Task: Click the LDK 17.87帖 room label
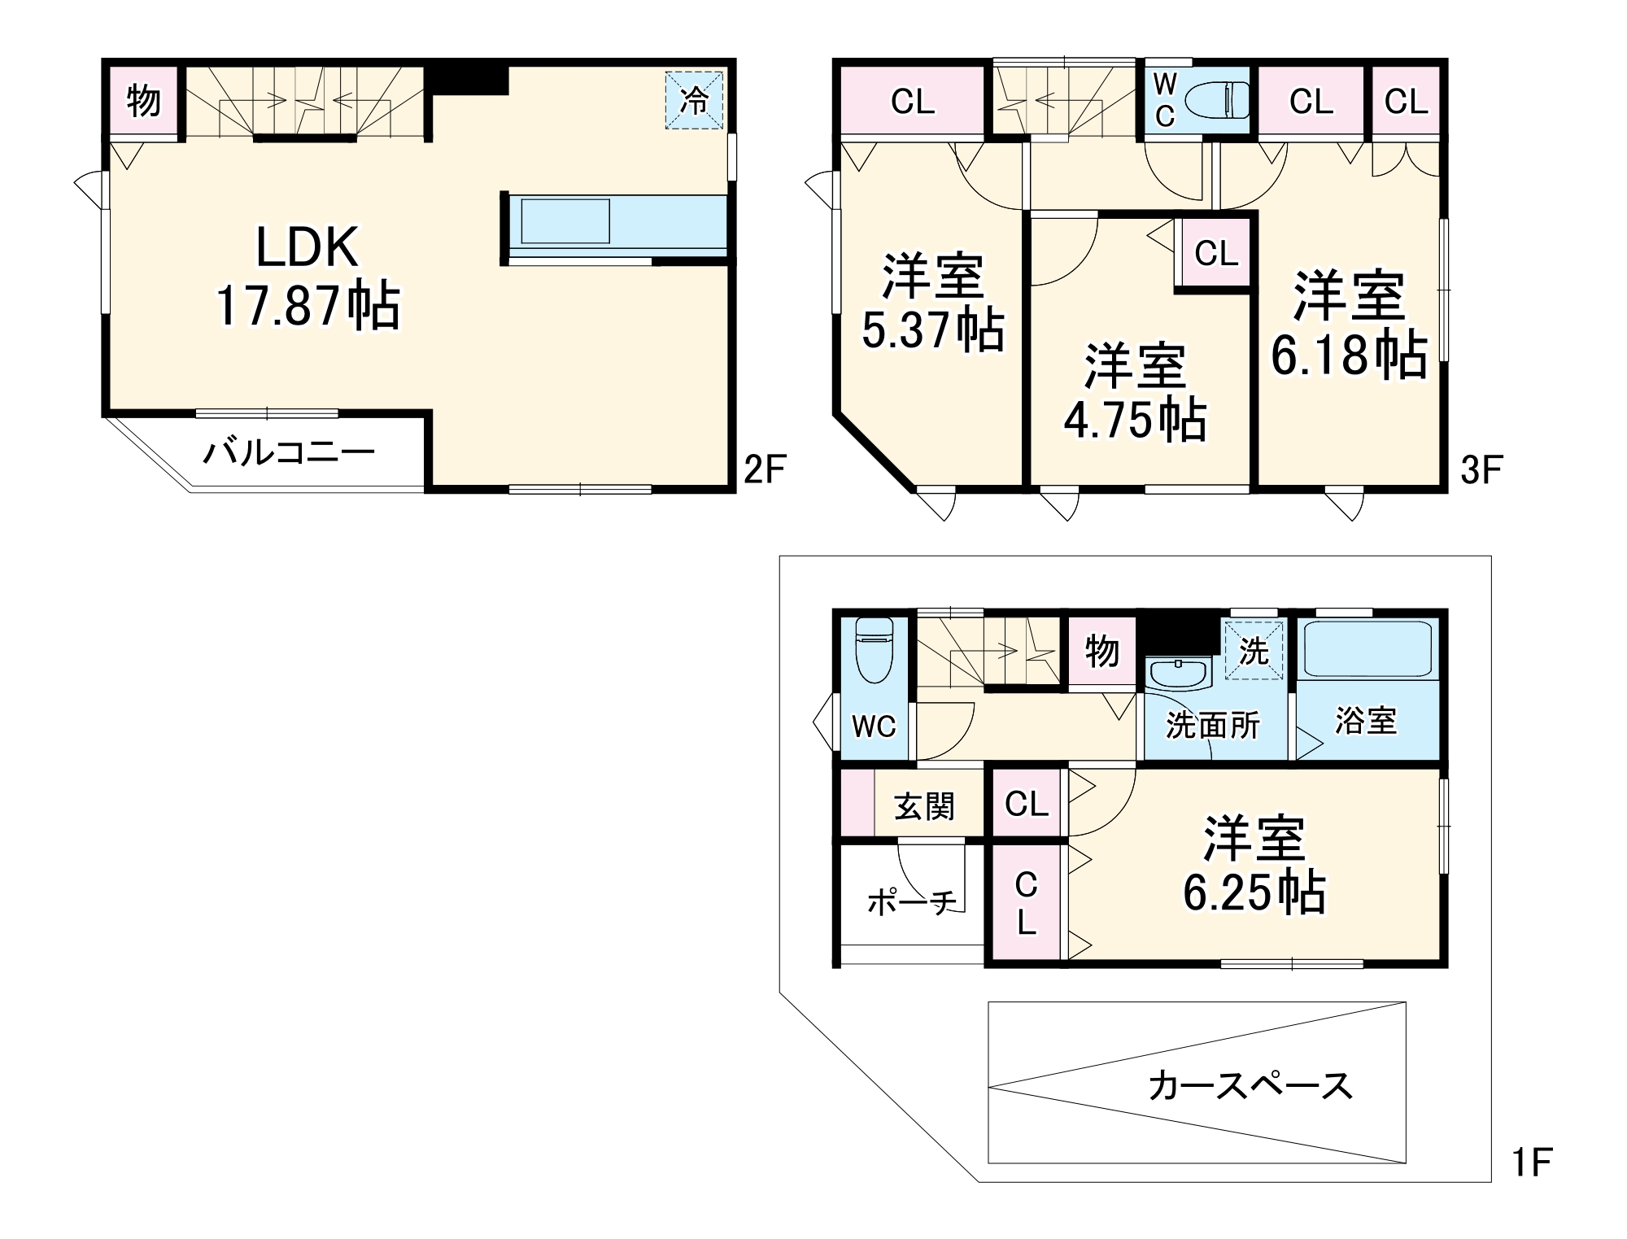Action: pos(308,277)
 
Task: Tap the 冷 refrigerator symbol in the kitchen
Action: pos(694,100)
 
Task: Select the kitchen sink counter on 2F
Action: pos(565,220)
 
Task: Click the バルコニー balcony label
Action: pos(289,452)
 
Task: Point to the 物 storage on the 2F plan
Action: pos(144,101)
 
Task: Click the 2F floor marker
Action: pos(765,469)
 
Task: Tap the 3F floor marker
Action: pos(1481,469)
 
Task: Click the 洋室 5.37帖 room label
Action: pos(932,303)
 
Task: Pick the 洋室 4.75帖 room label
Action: pos(1135,392)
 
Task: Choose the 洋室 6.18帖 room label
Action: pos(1349,325)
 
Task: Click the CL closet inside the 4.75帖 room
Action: pos(1216,254)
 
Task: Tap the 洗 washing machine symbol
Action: pos(1254,651)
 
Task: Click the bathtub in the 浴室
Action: pos(1367,649)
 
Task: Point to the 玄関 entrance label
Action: pos(924,806)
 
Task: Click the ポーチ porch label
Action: pos(911,901)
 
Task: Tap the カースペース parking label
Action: pos(1250,1086)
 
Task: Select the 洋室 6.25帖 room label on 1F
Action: pos(1254,865)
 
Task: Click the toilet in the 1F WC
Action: pos(875,652)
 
